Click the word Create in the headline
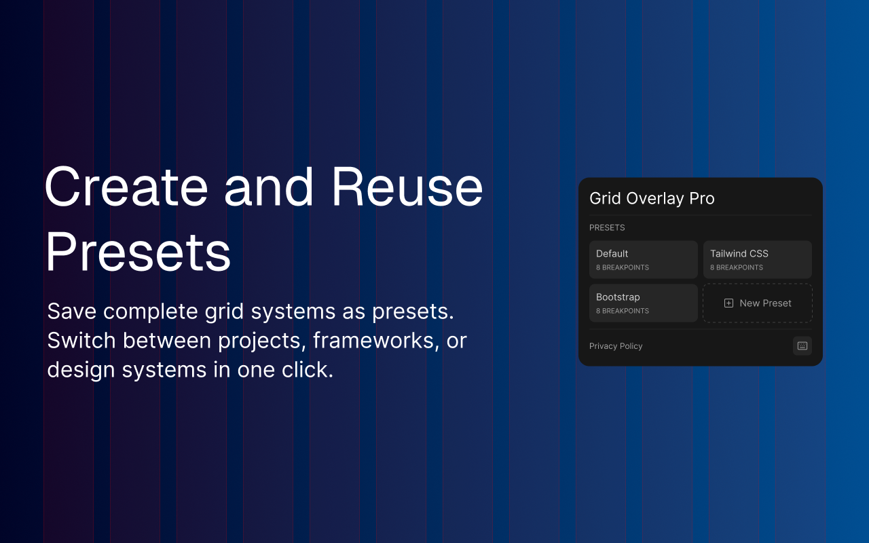[126, 187]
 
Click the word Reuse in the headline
[407, 187]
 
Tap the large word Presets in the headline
[138, 252]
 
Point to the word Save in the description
[72, 311]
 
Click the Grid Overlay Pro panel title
[652, 198]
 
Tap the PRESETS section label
[607, 227]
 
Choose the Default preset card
[643, 259]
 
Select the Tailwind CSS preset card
[757, 259]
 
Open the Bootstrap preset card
[643, 303]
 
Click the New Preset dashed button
[757, 303]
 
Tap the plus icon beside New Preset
[728, 303]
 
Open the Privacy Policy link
[616, 346]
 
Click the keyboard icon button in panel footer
[802, 345]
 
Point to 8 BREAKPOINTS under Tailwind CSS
[737, 267]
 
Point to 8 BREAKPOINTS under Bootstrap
[623, 311]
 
